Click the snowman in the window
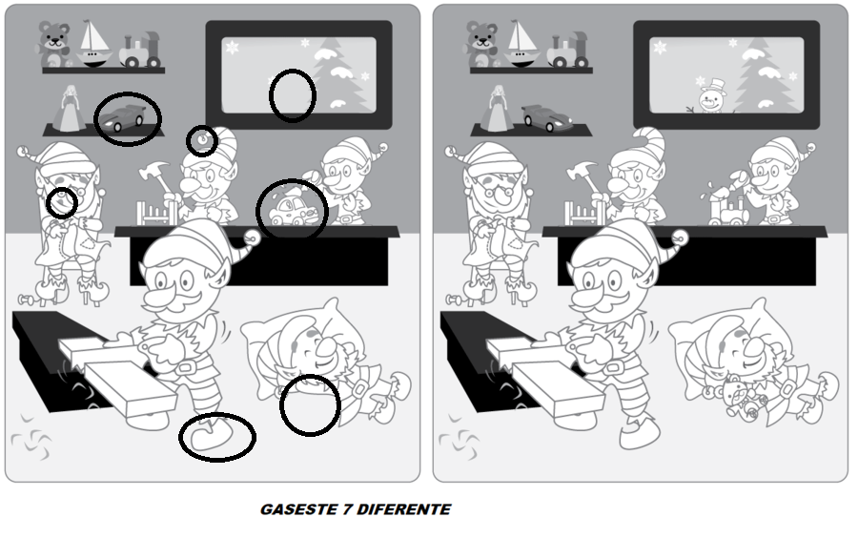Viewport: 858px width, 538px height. (x=711, y=96)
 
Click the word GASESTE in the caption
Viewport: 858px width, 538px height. (x=298, y=509)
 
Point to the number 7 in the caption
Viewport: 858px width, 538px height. (x=347, y=509)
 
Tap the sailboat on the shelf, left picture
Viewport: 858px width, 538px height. (x=93, y=44)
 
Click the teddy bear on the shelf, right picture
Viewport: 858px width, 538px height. (x=482, y=44)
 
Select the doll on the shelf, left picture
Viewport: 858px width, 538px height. (x=69, y=109)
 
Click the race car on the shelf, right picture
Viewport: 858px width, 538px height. (x=546, y=117)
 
